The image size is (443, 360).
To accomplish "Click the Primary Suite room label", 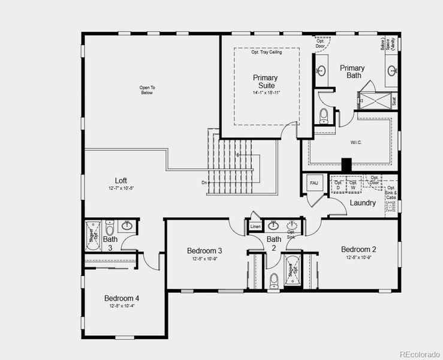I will point(265,82).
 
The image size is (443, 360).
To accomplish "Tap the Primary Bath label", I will point(352,71).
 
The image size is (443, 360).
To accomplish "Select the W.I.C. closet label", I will point(349,143).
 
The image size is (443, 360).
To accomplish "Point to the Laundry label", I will point(363,203).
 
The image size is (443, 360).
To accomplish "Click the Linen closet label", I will point(255,227).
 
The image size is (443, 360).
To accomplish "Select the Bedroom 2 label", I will point(358,250).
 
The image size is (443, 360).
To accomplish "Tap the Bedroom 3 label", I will point(204,251).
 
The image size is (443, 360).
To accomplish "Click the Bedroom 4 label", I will point(122,298).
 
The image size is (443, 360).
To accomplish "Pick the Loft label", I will point(120,181).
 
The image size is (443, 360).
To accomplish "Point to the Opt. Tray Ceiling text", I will point(266,52).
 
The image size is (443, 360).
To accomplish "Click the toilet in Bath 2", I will point(274,280).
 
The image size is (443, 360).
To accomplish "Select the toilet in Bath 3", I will point(110,229).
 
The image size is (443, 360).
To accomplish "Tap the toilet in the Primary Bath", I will point(324,114).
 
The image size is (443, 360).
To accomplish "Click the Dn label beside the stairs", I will point(204,182).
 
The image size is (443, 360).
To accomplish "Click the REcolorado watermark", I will point(420,353).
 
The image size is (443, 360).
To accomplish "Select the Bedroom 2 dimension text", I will point(358,258).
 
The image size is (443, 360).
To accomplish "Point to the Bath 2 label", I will point(274,244).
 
